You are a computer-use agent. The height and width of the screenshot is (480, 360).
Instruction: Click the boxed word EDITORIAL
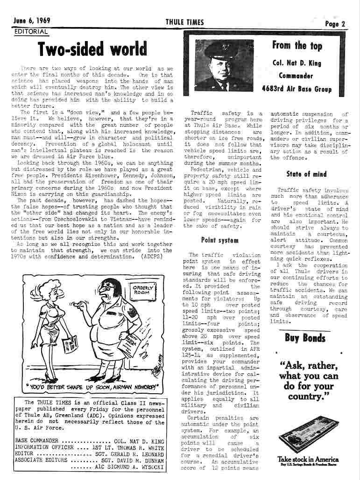[x=31, y=32]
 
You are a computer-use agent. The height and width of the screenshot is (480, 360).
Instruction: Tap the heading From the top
[x=296, y=46]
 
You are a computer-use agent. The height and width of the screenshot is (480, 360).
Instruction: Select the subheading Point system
[x=213, y=240]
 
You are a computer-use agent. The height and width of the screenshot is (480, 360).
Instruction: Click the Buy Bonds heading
[x=305, y=338]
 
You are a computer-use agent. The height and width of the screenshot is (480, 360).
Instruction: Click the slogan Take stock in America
[x=307, y=459]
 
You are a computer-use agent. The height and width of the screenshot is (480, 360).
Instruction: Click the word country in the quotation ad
[x=305, y=397]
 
